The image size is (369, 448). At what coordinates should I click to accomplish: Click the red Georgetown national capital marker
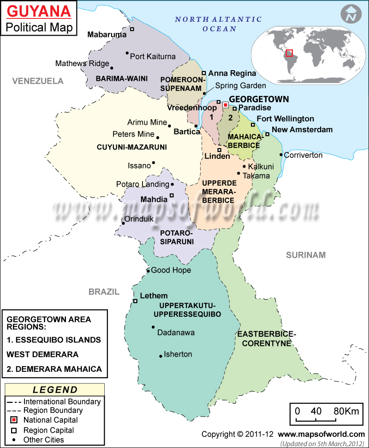point(225,105)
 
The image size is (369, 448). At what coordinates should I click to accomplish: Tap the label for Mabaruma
point(107,34)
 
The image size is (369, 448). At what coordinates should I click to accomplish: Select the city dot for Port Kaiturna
point(127,53)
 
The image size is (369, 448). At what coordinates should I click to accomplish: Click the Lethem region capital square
point(136,301)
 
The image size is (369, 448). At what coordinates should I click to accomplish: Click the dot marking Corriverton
point(281,154)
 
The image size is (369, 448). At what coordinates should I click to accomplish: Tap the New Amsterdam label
point(302,129)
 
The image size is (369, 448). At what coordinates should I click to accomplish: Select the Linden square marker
point(220,150)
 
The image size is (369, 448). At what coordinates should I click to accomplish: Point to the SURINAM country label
point(305,255)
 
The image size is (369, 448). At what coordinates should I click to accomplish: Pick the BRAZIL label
point(104,292)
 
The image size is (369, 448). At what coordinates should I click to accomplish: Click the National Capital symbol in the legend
point(14,420)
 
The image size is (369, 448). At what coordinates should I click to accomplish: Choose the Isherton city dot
point(161,356)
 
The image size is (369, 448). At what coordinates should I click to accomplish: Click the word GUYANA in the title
point(40,11)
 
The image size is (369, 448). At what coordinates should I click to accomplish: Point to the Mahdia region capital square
point(172,195)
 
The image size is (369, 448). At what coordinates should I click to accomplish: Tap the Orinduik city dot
point(123,224)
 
